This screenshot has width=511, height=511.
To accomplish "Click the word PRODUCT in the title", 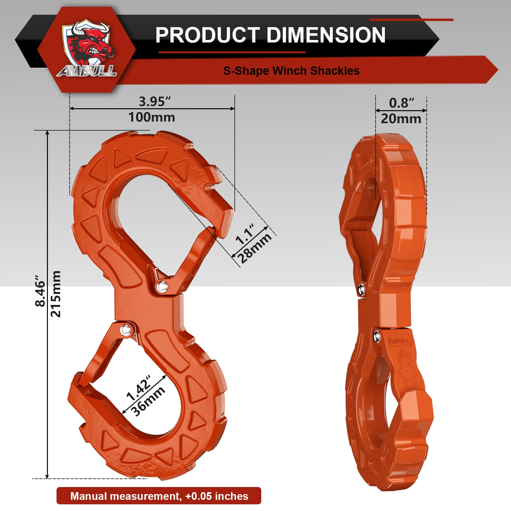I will (x=207, y=35).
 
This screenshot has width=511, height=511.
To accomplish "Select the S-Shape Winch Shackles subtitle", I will (x=291, y=71).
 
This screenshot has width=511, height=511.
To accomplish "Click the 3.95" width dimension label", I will (x=155, y=102).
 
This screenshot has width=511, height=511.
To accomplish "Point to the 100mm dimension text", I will (x=152, y=117).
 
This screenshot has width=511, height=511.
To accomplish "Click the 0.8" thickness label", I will (x=401, y=103).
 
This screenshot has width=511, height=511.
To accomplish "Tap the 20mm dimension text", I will (x=401, y=119).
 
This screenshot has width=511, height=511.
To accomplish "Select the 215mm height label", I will (x=56, y=294).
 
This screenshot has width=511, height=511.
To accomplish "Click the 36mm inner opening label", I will (x=149, y=401).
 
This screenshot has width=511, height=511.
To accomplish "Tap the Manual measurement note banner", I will (x=159, y=496).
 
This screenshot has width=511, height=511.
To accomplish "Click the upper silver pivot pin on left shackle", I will (x=162, y=286).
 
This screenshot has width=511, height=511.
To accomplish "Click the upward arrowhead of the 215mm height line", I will (x=48, y=133).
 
